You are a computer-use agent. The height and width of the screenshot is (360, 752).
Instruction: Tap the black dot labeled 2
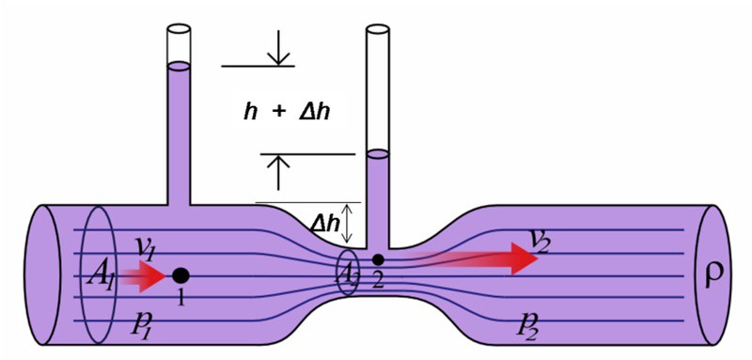(x=378, y=259)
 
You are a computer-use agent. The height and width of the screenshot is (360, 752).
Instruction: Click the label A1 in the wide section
(x=102, y=276)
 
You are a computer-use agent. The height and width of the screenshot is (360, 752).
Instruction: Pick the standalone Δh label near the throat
(x=324, y=224)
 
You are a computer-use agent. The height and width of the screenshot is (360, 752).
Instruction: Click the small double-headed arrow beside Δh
(x=349, y=223)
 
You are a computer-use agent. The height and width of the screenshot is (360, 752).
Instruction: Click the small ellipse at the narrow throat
(x=347, y=274)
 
